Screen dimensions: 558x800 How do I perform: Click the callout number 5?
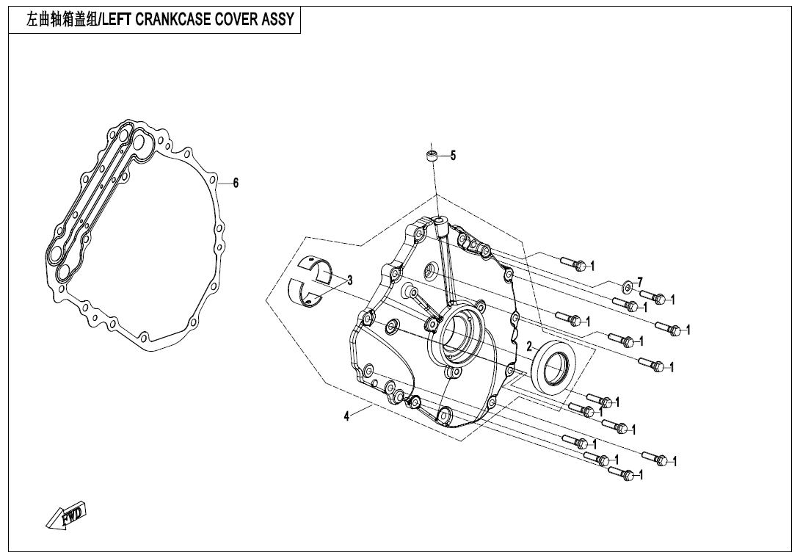[x=453, y=156]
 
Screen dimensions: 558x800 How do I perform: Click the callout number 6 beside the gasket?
[x=236, y=183]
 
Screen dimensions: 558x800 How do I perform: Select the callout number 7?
[x=640, y=282]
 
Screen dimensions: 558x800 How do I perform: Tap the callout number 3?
[x=350, y=280]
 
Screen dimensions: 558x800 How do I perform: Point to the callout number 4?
[x=346, y=416]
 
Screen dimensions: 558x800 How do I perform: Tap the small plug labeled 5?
[x=433, y=156]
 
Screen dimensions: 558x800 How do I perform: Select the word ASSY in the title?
[x=277, y=20]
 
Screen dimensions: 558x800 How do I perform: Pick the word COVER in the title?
[x=236, y=20]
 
